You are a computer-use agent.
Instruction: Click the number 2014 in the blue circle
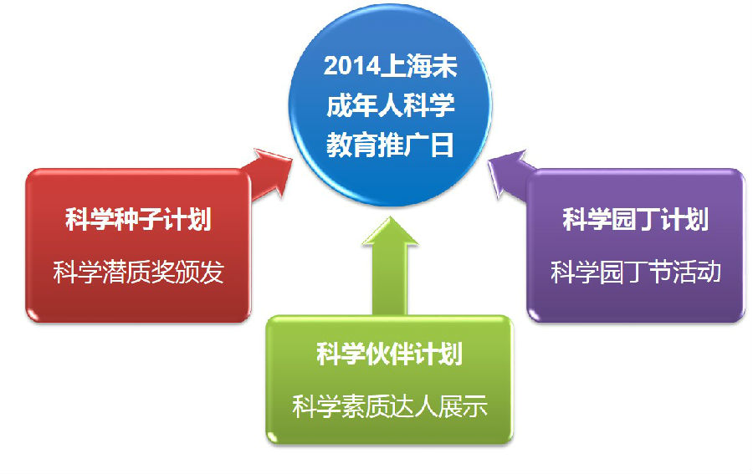351,66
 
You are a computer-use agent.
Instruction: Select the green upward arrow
390,266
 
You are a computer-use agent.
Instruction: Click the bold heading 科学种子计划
138,220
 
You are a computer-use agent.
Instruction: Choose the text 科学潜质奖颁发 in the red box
138,272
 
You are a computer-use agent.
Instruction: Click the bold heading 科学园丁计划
635,219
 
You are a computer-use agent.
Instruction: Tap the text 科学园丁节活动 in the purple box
635,272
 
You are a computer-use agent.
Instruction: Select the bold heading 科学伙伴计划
389,354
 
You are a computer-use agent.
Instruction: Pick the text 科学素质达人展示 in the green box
389,406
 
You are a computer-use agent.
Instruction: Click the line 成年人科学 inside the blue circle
390,105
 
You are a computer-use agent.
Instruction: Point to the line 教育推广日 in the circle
390,145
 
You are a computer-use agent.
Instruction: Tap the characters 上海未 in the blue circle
418,66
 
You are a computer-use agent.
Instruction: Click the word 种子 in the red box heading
138,220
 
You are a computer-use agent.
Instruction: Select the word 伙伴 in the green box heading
389,354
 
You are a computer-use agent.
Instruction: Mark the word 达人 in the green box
414,406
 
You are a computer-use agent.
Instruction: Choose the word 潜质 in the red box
125,272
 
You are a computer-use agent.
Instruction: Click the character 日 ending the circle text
442,145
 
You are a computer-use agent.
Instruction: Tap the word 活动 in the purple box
697,272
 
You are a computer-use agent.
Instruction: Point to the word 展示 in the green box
464,406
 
